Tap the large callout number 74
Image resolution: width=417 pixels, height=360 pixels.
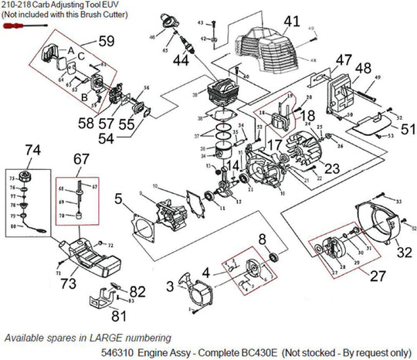pyautogui.click(x=32, y=150)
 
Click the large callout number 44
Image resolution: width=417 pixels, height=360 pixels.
pyautogui.click(x=181, y=59)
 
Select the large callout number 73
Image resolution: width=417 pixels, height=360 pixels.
pyautogui.click(x=68, y=284)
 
